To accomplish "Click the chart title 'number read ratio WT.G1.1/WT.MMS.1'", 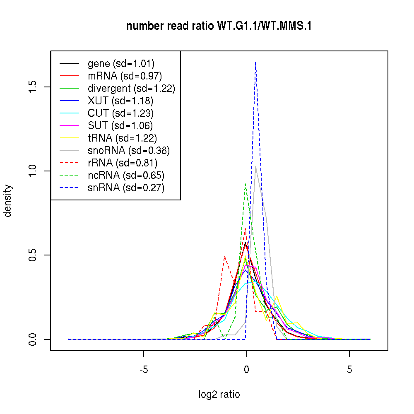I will tap(219, 26).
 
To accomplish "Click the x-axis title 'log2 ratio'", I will tap(219, 395).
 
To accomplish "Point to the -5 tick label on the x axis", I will tap(144, 369).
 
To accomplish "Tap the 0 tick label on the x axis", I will tap(246, 369).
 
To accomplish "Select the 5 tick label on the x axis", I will tap(349, 369).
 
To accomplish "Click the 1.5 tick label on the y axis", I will tap(33, 87).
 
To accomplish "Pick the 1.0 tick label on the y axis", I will tap(33, 171).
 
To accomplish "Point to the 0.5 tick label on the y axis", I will tap(33, 255).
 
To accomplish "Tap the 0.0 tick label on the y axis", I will tap(33, 339).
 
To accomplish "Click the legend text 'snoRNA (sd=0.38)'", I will tap(129, 151).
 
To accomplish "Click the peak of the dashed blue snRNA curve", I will tap(256, 62).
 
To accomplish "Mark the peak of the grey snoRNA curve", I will tap(256, 166).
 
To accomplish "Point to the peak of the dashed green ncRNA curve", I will tap(246, 184).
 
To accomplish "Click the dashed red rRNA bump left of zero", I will tap(224, 257).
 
